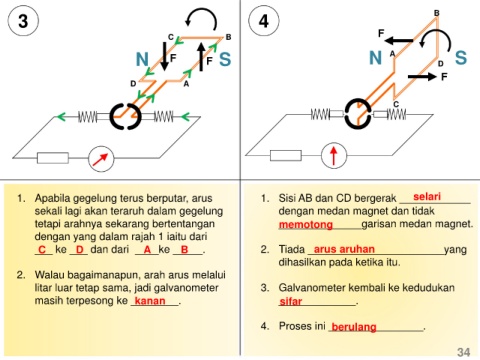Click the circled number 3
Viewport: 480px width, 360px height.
click(x=23, y=21)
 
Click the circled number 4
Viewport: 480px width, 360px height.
click(x=264, y=21)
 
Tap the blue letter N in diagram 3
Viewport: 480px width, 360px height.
click(x=142, y=60)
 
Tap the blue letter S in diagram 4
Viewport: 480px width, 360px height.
click(x=461, y=57)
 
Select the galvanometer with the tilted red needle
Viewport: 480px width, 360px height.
click(x=101, y=159)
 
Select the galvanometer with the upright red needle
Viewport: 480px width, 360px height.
click(x=334, y=156)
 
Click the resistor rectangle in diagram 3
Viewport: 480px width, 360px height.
click(x=53, y=158)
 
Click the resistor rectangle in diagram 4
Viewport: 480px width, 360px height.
click(x=286, y=155)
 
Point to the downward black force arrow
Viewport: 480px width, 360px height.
click(x=164, y=56)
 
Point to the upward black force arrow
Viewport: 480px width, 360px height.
click(x=201, y=57)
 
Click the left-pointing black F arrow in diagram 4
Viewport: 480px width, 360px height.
click(x=399, y=41)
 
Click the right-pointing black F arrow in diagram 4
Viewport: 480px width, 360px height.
click(x=422, y=77)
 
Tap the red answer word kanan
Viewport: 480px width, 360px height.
click(x=150, y=301)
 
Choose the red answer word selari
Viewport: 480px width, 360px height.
click(x=427, y=197)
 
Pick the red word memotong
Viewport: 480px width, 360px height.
click(x=306, y=225)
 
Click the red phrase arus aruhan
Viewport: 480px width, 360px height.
click(x=344, y=249)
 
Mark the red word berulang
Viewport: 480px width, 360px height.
click(x=354, y=327)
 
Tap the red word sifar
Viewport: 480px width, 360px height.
click(x=291, y=301)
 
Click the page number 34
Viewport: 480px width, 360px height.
click(x=464, y=352)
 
